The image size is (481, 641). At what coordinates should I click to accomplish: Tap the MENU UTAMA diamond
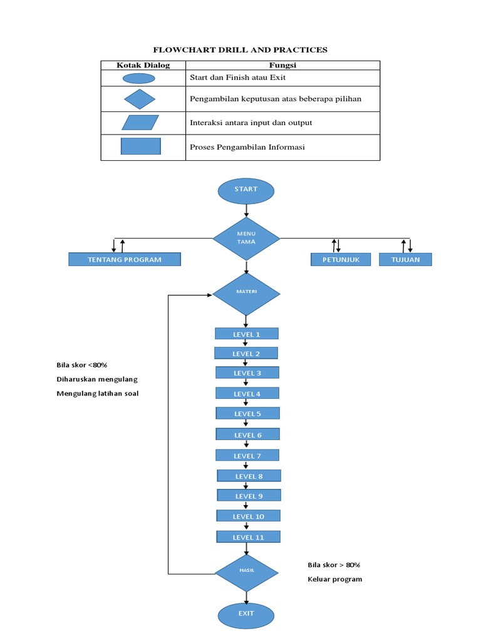[246, 238]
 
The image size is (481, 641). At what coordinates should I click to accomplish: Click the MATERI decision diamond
[246, 293]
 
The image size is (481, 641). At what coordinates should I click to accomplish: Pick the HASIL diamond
[246, 572]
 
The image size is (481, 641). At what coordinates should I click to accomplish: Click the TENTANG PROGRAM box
[125, 260]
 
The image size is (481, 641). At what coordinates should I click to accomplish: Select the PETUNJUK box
[341, 260]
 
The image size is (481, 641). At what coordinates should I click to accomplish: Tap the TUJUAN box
[405, 260]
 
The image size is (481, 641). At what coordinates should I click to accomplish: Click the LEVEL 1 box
[246, 334]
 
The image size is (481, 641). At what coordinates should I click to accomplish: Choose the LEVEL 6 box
[248, 434]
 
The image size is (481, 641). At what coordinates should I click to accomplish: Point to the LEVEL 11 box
[249, 537]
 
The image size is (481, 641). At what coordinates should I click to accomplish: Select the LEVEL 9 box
[249, 496]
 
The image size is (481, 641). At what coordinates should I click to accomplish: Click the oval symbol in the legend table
[138, 78]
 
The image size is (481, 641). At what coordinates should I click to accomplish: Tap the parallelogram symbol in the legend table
[140, 122]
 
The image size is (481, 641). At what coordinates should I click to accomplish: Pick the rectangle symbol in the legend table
[141, 146]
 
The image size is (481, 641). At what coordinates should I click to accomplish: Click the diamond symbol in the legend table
[140, 99]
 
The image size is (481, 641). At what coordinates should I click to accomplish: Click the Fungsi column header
[282, 65]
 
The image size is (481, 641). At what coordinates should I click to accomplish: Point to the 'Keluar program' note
[334, 579]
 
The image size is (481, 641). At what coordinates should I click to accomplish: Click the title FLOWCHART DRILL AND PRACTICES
[240, 49]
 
